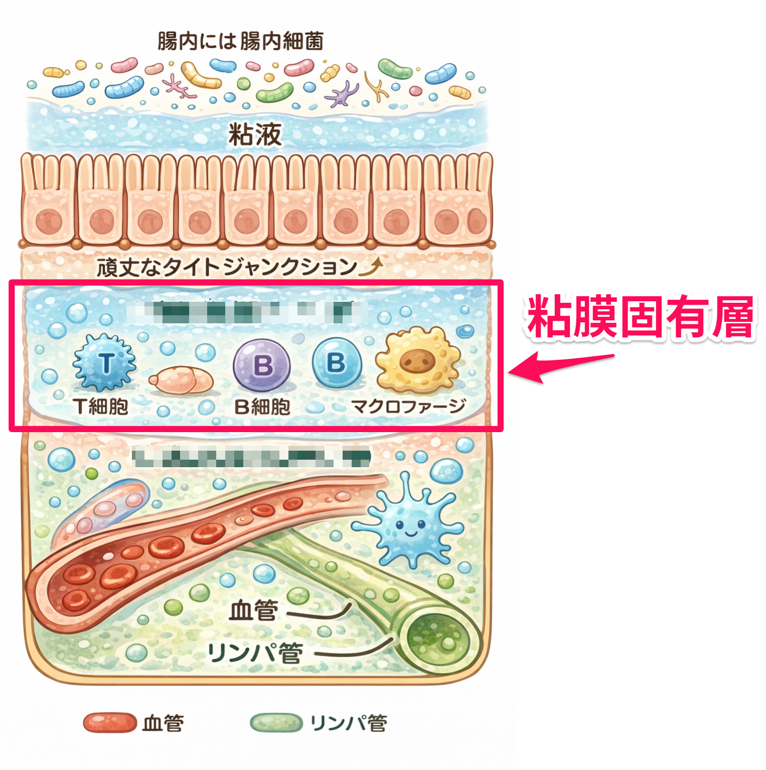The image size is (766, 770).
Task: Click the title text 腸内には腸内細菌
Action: coord(240,41)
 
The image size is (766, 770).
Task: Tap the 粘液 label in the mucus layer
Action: coord(255,134)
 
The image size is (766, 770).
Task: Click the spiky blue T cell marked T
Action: coord(105,362)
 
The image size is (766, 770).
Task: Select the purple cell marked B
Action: coord(262,365)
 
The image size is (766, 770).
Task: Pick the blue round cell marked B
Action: coord(337,362)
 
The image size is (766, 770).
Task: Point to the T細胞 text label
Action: coord(101,406)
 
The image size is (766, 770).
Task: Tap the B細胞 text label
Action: coord(262,407)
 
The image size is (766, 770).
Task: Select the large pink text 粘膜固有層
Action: coord(640,317)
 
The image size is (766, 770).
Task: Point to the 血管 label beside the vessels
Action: coord(253,611)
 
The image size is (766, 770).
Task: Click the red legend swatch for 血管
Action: coord(110,723)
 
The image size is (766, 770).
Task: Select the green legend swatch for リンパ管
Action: coord(276,723)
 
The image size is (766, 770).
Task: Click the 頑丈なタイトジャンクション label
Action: coord(227,267)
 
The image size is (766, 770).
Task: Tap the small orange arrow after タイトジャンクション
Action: coord(372,267)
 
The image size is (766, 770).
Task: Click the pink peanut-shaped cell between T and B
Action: coord(181,380)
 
